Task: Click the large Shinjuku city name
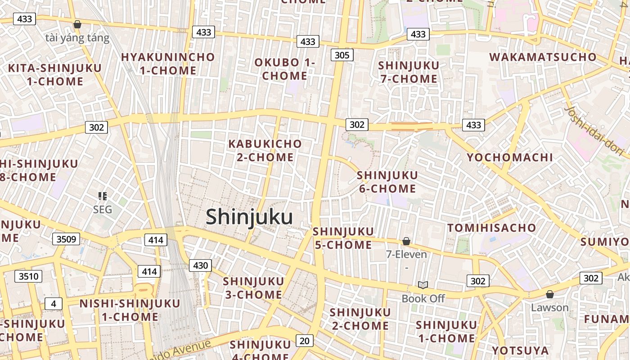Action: point(249,217)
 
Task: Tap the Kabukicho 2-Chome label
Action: point(265,150)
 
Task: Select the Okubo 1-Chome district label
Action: point(284,69)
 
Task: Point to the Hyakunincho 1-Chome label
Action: point(168,64)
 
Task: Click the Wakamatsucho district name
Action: point(543,57)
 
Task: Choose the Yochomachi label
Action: point(510,157)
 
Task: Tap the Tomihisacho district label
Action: point(492,228)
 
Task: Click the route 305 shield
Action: point(342,55)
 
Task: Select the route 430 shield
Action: point(200,265)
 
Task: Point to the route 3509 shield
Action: point(66,239)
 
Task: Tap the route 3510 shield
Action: point(28,276)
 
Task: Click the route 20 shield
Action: point(305,341)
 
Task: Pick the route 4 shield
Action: point(54,304)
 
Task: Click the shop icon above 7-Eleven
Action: point(406,242)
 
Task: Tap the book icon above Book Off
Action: point(423,285)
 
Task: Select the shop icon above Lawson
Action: point(549,295)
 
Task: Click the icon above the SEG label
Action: point(103,196)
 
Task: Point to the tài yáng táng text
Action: point(77,38)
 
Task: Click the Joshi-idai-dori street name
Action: point(594,130)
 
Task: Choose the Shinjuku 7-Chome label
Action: point(409,72)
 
